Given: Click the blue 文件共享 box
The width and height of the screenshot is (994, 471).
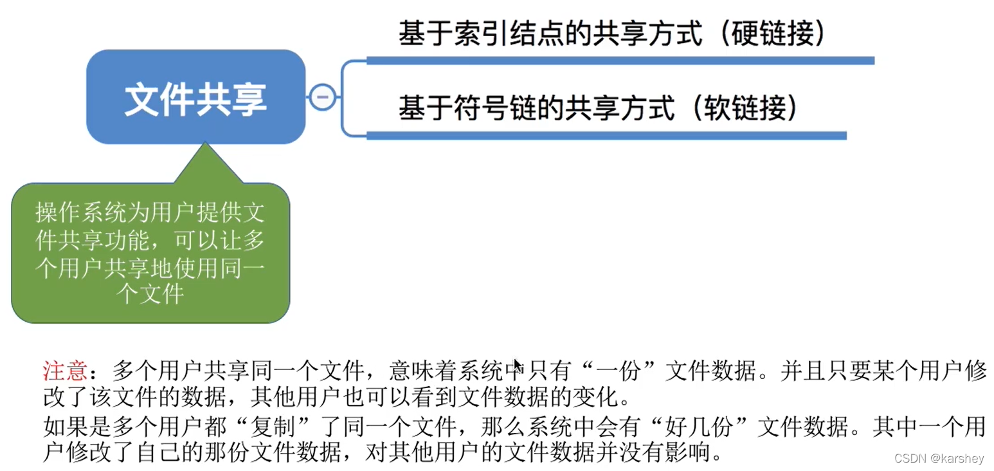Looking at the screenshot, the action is (x=195, y=97).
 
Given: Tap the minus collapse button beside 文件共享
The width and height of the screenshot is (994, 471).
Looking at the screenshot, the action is (x=323, y=97).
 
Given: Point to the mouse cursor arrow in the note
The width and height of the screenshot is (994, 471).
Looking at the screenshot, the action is (x=517, y=365).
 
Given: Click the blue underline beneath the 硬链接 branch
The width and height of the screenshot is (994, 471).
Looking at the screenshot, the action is (x=620, y=61).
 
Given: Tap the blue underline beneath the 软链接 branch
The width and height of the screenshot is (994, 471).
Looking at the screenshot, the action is (x=606, y=135).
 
